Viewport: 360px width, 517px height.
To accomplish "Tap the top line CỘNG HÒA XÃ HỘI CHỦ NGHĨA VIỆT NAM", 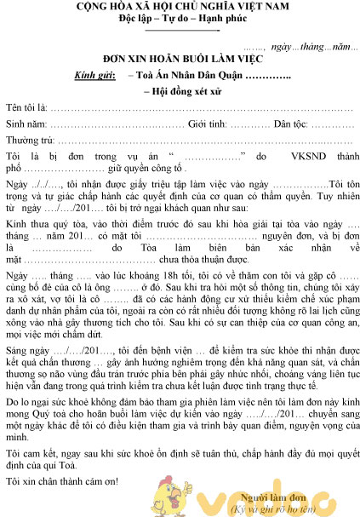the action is (180, 7).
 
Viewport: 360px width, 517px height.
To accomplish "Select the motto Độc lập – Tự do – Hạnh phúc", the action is (180, 20).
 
